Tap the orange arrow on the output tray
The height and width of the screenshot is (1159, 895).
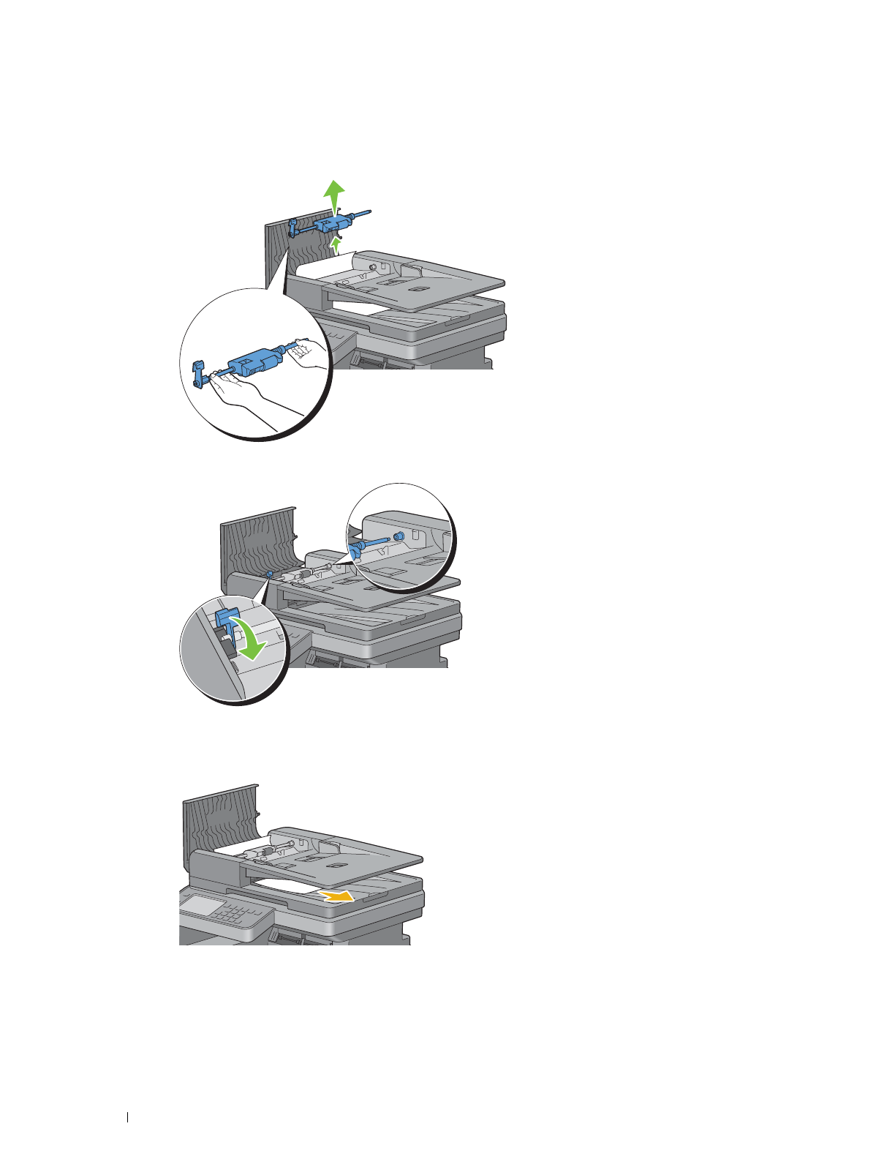point(337,896)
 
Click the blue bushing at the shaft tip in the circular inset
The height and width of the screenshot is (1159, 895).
point(399,537)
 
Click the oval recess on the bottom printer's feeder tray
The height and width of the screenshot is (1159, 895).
point(336,866)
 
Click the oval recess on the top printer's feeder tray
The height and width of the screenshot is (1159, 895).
point(418,290)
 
